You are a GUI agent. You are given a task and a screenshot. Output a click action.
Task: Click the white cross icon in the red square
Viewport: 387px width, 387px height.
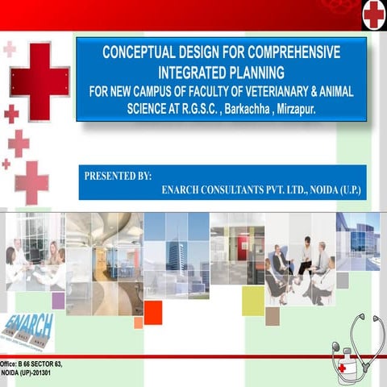pos(373,14)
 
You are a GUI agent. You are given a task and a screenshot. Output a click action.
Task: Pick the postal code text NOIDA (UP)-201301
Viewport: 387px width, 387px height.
pos(29,375)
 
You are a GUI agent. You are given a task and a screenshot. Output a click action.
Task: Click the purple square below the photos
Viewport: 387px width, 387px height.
pos(58,301)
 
